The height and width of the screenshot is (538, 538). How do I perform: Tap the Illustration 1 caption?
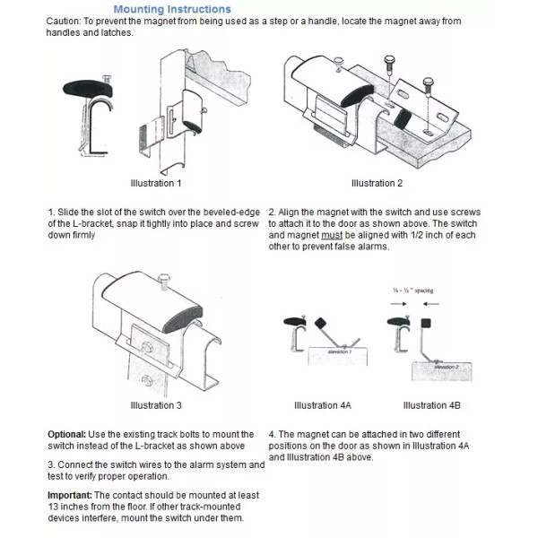click(x=155, y=183)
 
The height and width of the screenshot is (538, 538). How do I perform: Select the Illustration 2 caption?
click(x=377, y=183)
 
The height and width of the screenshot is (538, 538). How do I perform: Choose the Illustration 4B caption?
click(x=432, y=405)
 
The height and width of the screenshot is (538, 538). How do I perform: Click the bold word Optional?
click(x=67, y=434)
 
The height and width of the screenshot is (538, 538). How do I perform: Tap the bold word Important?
click(x=70, y=495)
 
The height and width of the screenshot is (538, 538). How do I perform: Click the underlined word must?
click(x=342, y=236)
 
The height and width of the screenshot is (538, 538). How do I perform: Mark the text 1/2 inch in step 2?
click(x=468, y=236)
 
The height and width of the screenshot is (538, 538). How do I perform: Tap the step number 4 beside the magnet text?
click(x=271, y=434)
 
